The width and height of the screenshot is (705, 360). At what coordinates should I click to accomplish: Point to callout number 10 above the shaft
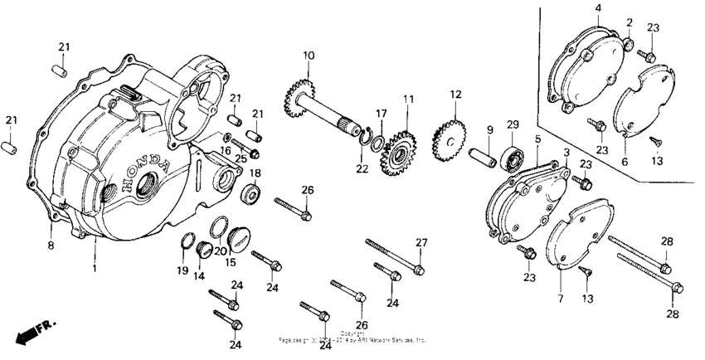[x=309, y=56]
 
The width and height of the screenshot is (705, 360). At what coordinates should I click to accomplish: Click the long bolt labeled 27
[x=394, y=255]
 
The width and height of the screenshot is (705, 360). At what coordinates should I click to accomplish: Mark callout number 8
[x=51, y=246]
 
